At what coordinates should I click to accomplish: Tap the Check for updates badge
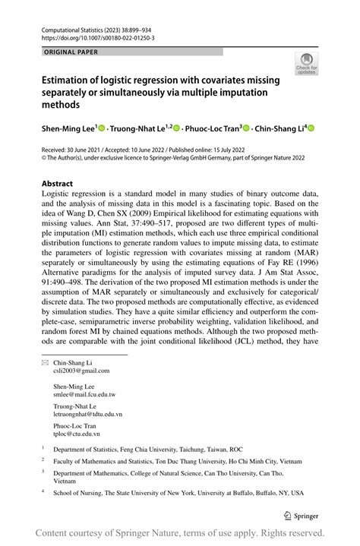tap(307, 64)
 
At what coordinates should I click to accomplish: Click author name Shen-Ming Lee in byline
tap(69, 130)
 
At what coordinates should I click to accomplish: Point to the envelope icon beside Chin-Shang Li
tap(44, 363)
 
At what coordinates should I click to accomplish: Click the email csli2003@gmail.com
tap(81, 371)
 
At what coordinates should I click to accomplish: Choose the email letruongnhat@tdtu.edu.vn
tap(87, 415)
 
